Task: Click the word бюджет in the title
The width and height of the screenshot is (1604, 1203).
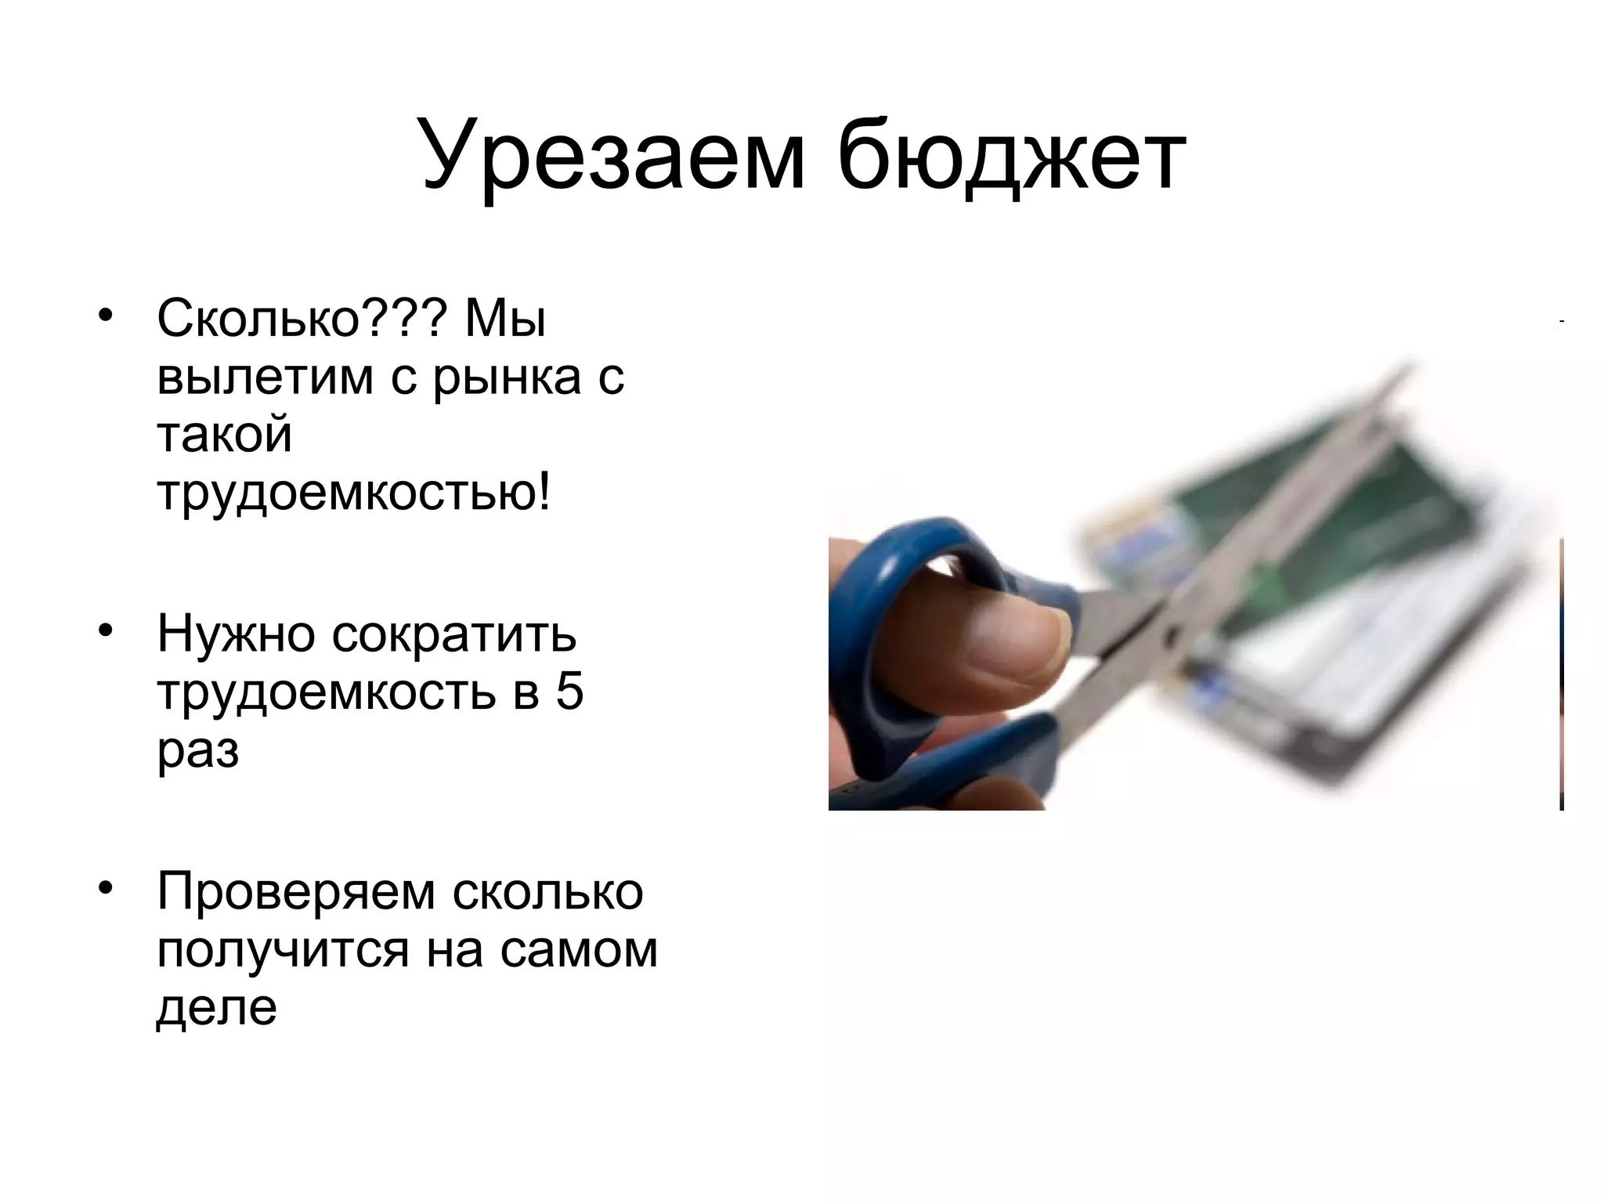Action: click(1011, 157)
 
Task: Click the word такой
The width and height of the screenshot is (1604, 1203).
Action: click(225, 435)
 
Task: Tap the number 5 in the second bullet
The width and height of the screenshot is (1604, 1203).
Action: click(569, 692)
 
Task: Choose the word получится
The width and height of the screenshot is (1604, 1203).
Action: click(283, 949)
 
